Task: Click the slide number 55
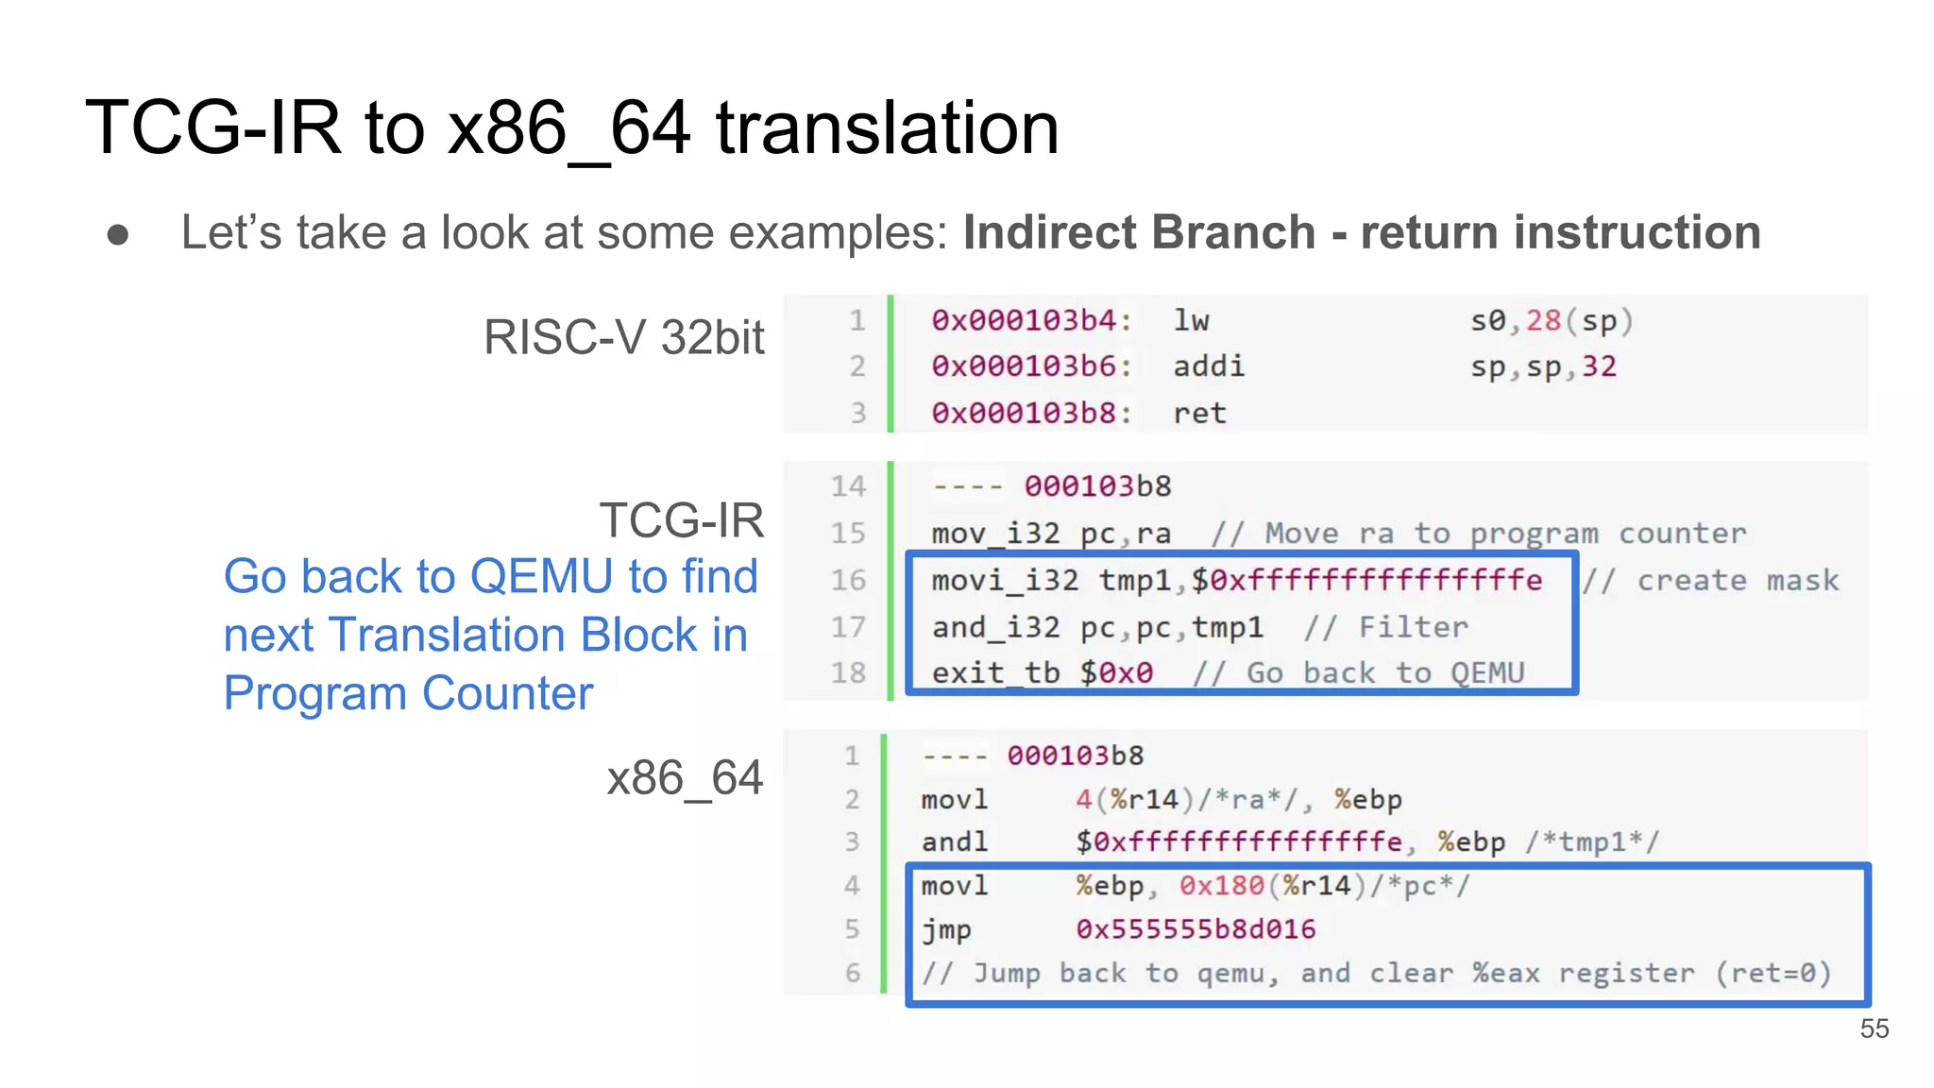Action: (1874, 1028)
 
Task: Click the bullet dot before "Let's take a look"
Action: (118, 234)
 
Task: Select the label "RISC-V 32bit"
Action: (623, 337)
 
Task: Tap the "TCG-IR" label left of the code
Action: (681, 519)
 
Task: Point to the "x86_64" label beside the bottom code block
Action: (684, 778)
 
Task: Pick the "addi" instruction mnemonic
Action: (1209, 366)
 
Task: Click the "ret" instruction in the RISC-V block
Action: (1199, 413)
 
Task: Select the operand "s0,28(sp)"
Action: (1551, 321)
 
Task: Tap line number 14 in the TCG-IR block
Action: (848, 486)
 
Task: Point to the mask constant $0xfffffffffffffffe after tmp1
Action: (1366, 580)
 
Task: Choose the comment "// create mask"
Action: (1711, 580)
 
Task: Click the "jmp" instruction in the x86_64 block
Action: (946, 930)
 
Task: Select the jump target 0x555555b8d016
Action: (1196, 929)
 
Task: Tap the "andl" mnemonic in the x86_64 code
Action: (954, 841)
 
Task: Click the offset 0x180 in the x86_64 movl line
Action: (1221, 886)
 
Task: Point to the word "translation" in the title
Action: (887, 128)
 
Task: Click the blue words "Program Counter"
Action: (408, 693)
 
